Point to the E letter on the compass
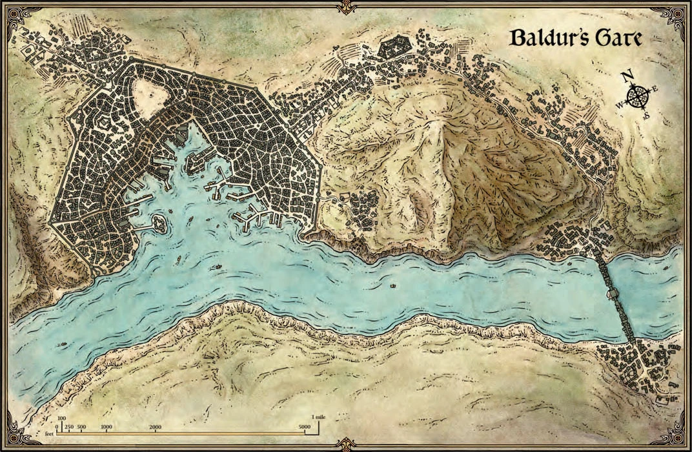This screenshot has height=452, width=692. (x=655, y=88)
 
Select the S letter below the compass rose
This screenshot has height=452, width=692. (x=646, y=116)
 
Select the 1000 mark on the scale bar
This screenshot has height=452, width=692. (x=107, y=427)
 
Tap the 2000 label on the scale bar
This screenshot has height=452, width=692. (x=156, y=427)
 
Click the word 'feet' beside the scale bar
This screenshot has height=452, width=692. (x=49, y=434)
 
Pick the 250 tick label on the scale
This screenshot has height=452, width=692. (x=69, y=427)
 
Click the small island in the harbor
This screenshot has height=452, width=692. (x=159, y=224)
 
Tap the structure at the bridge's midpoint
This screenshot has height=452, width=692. (x=612, y=295)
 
